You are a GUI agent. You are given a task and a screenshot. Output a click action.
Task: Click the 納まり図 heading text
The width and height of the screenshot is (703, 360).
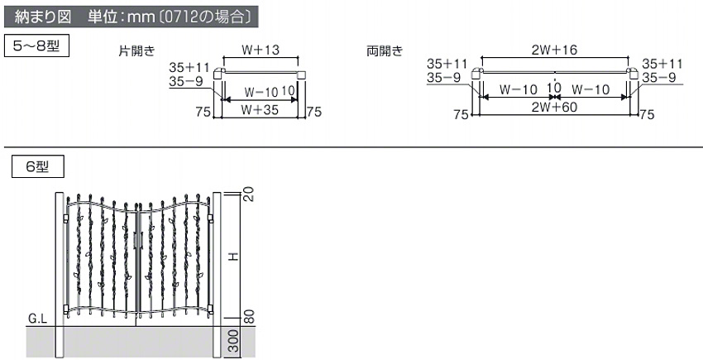[43, 17]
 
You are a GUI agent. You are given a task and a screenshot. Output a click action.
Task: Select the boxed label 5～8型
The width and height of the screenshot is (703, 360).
[36, 46]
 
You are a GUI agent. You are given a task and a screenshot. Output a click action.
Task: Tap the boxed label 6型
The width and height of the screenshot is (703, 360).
[38, 166]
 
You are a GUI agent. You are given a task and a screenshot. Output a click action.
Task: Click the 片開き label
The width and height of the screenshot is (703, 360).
[136, 50]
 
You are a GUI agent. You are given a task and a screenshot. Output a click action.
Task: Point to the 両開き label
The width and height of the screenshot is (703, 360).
[385, 50]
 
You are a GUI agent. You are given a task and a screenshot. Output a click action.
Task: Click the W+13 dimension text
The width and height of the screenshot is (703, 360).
[261, 50]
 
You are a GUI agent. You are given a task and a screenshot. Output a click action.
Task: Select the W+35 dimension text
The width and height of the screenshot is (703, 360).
[260, 109]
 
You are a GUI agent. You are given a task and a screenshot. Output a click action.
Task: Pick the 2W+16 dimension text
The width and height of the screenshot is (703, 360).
[554, 50]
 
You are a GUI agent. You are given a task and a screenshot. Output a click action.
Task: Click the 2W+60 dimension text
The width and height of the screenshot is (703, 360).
[554, 107]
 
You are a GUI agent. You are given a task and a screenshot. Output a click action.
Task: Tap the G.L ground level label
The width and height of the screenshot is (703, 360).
[38, 319]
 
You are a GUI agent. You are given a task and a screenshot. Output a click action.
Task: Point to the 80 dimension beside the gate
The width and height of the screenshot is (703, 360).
[250, 316]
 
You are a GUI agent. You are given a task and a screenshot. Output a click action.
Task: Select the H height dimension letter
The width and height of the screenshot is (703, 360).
[233, 257]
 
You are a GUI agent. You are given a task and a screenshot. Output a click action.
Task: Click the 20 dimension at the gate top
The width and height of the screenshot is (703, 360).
[250, 194]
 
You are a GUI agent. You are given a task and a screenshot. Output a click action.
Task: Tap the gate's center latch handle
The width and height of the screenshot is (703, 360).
[136, 240]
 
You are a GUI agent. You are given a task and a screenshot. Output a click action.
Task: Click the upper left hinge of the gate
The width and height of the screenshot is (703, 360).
[66, 218]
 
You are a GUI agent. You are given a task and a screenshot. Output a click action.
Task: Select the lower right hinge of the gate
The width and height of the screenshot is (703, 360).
[211, 309]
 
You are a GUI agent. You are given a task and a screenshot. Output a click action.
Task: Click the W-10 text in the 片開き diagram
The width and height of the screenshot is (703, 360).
[261, 92]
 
